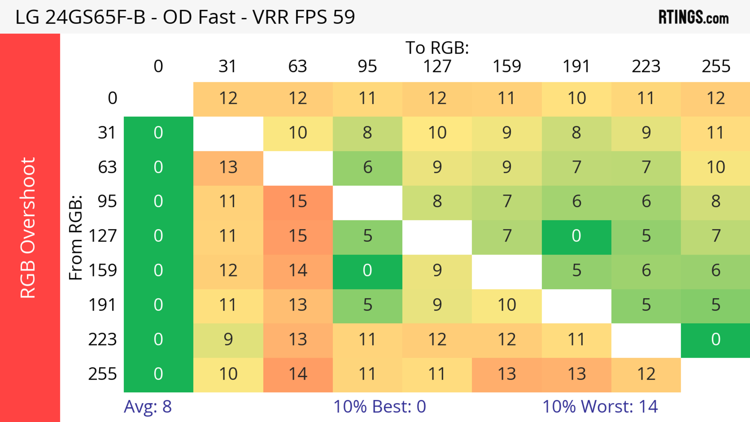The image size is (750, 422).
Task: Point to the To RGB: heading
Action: point(437,48)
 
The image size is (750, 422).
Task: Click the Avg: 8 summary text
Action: point(148,407)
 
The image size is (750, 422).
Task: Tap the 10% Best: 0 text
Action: point(379,407)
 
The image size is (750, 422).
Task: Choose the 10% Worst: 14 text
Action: point(600,407)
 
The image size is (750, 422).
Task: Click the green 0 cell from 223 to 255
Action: point(715,340)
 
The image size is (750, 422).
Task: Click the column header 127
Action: point(437,66)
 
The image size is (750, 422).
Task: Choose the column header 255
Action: point(716,66)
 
